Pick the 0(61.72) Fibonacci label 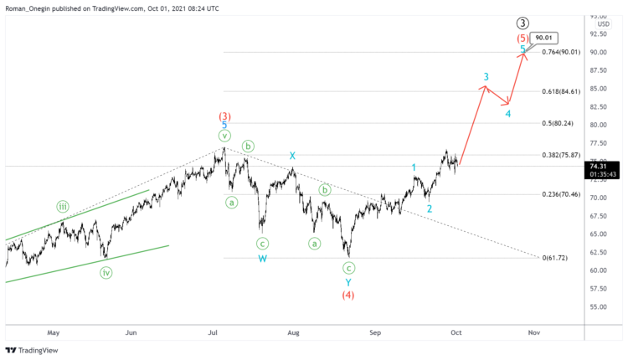pos(556,258)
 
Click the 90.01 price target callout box pos(542,37)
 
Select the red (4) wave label pos(348,295)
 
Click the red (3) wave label pos(224,116)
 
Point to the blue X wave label pos(292,156)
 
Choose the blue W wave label pos(262,259)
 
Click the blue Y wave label pos(348,282)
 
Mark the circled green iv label pos(106,271)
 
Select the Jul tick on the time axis pos(214,332)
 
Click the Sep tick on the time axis pos(375,332)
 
